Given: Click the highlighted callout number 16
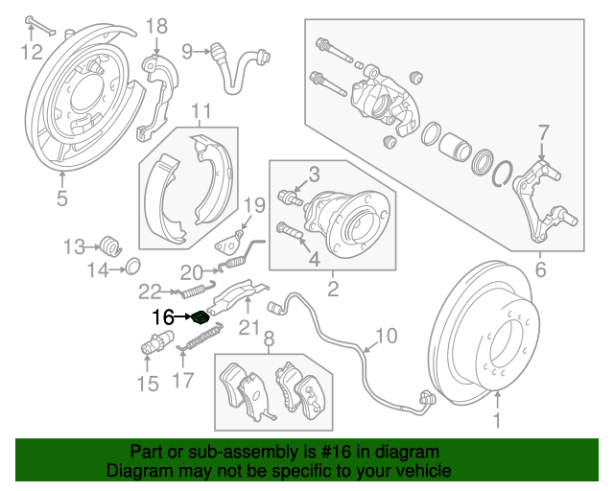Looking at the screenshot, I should tap(162, 316).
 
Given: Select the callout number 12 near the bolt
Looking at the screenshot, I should tap(33, 50).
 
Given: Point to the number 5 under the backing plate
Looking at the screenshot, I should tap(62, 199).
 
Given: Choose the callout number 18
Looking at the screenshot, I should tap(155, 26).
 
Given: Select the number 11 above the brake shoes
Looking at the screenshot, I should tap(200, 113).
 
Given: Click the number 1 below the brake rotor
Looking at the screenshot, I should tap(497, 419).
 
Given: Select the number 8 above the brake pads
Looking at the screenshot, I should tap(269, 339).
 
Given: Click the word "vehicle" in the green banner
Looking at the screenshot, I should tap(418, 471).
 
